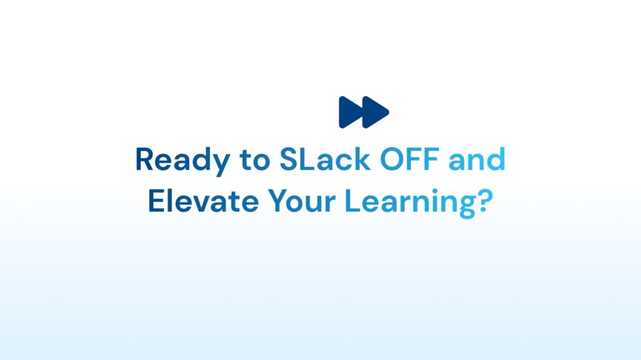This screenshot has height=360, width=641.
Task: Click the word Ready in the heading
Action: tap(174, 161)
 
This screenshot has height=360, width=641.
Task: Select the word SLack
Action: tap(324, 160)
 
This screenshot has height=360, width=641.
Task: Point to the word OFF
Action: tap(410, 160)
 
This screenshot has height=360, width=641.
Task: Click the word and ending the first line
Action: tap(477, 160)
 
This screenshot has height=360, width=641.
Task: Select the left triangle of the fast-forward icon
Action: tap(349, 112)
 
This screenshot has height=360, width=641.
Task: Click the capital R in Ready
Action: tap(144, 160)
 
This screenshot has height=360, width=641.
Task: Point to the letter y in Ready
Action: tap(207, 164)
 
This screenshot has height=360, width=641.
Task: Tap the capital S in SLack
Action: tap(288, 160)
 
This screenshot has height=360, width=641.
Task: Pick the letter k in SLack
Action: tap(362, 160)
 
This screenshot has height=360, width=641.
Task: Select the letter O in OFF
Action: tap(391, 160)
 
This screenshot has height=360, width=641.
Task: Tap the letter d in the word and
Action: tap(496, 160)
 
